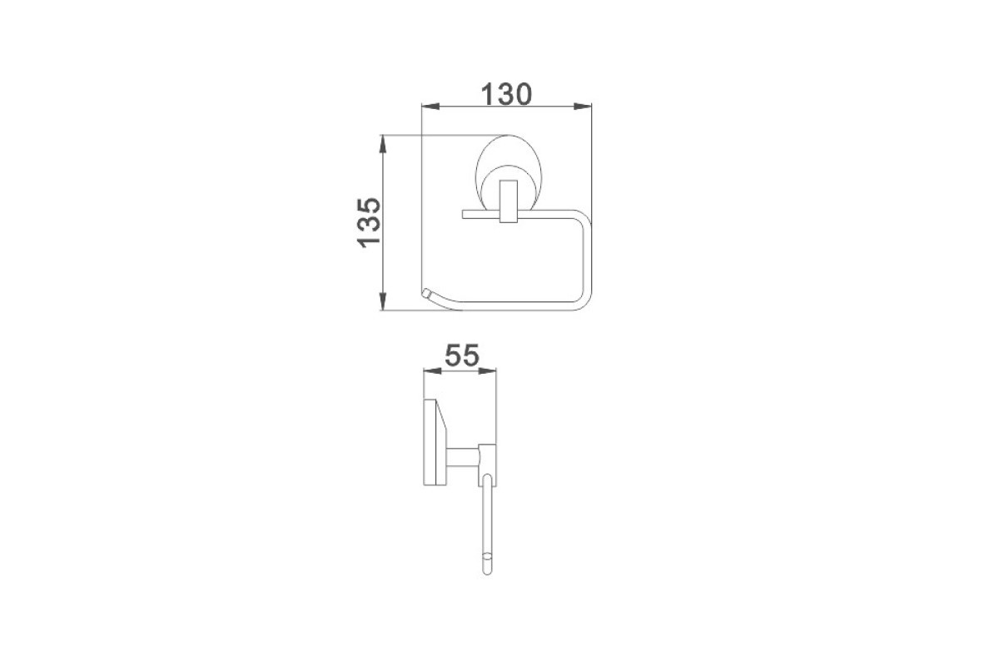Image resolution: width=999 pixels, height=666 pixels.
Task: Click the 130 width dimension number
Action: (x=506, y=94)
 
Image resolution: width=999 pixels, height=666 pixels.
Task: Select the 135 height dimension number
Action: (x=369, y=222)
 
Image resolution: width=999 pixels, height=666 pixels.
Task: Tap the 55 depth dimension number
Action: (x=461, y=355)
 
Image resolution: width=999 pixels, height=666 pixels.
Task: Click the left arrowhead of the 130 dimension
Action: (x=430, y=107)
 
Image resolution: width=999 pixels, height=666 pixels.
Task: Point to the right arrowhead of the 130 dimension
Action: (x=583, y=107)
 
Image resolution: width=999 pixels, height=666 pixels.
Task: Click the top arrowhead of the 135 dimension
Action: (x=382, y=144)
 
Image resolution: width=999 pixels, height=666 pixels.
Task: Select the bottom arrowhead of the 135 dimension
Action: (x=382, y=301)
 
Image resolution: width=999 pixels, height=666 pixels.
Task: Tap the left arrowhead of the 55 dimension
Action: (x=432, y=370)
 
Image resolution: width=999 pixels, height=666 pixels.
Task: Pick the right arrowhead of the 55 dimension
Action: (x=488, y=370)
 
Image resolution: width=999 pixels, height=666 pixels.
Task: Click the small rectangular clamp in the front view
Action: (x=509, y=201)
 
